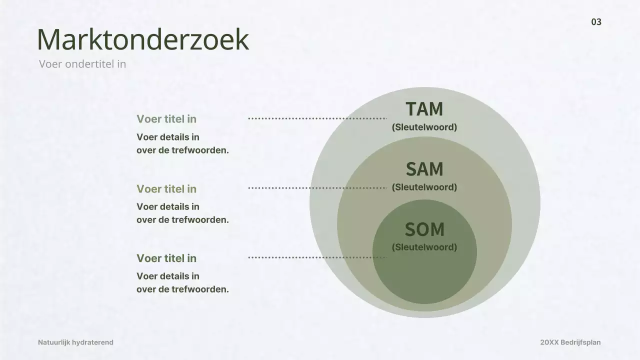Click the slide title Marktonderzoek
(142, 39)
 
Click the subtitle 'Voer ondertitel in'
(82, 64)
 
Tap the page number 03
(596, 22)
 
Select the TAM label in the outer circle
(424, 109)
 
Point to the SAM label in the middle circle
(424, 169)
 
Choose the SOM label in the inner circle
(424, 229)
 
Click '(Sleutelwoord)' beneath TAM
(424, 127)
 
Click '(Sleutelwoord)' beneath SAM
(424, 187)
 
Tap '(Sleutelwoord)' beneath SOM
(424, 247)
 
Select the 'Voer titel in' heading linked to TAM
(166, 119)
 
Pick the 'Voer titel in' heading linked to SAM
(166, 189)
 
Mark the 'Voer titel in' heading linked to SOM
(166, 258)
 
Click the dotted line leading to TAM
(317, 118)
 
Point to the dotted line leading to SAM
(317, 188)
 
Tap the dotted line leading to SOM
(317, 257)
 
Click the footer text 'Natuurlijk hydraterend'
(75, 342)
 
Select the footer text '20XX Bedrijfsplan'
(570, 342)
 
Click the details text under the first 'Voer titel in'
(182, 143)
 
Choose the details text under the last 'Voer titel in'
(182, 282)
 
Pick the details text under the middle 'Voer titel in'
(182, 213)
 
